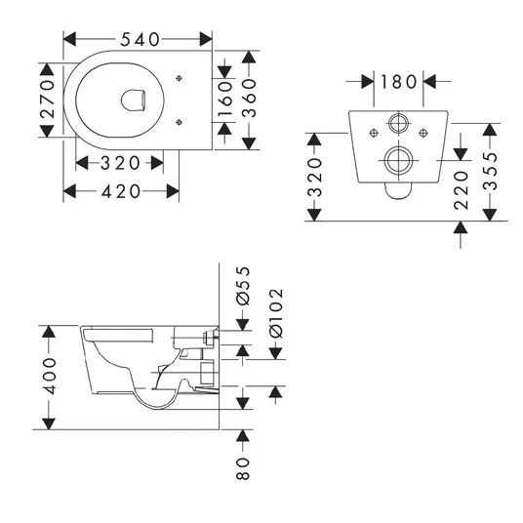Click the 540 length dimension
pyautogui.click(x=140, y=40)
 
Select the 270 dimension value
pyautogui.click(x=48, y=99)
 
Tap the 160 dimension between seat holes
pyautogui.click(x=225, y=100)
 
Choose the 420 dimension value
pyautogui.click(x=121, y=192)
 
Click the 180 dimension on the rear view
pyautogui.click(x=398, y=82)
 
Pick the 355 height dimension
pyautogui.click(x=490, y=171)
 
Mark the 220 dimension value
pyautogui.click(x=462, y=190)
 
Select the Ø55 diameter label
pyautogui.click(x=243, y=286)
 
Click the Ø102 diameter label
pyautogui.click(x=276, y=313)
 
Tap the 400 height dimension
pyautogui.click(x=50, y=376)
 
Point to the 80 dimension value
pyautogui.click(x=243, y=468)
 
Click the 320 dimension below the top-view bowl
pyautogui.click(x=120, y=163)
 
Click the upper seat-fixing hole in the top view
pyautogui.click(x=180, y=78)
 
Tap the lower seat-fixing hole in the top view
pyautogui.click(x=180, y=122)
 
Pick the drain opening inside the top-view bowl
pyautogui.click(x=133, y=101)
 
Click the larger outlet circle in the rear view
pyautogui.click(x=398, y=160)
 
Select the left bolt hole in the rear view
pyautogui.click(x=374, y=133)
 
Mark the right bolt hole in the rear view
pyautogui.click(x=423, y=133)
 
